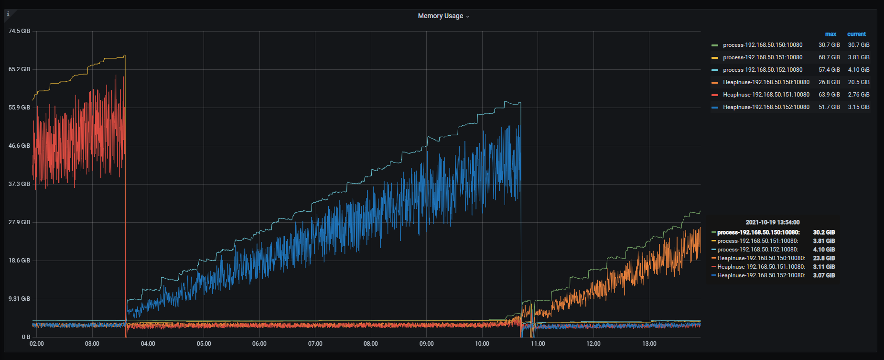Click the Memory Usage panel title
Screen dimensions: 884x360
[441, 16]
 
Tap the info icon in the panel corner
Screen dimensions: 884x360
[8, 14]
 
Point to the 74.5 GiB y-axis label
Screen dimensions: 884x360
[19, 31]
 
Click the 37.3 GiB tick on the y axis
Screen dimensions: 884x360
[19, 184]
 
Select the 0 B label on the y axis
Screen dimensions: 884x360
[26, 337]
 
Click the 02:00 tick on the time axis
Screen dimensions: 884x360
[37, 344]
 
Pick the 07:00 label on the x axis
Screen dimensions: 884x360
[315, 344]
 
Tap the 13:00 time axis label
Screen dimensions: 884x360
[649, 344]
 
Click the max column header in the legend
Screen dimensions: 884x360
[830, 34]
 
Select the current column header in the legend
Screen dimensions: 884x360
[856, 34]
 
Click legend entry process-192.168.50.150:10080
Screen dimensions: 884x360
[763, 45]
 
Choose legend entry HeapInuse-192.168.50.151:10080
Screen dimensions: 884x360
[766, 95]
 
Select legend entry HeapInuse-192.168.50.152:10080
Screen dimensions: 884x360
[766, 107]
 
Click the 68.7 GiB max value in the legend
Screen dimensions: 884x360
[829, 57]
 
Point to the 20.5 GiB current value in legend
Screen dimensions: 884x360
[859, 82]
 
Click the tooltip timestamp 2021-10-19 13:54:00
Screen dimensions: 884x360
[773, 222]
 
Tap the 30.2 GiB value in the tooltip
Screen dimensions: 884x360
[824, 232]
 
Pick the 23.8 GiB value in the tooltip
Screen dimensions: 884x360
[824, 258]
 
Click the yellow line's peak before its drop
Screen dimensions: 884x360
[125, 55]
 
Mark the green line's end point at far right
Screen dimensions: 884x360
[700, 211]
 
